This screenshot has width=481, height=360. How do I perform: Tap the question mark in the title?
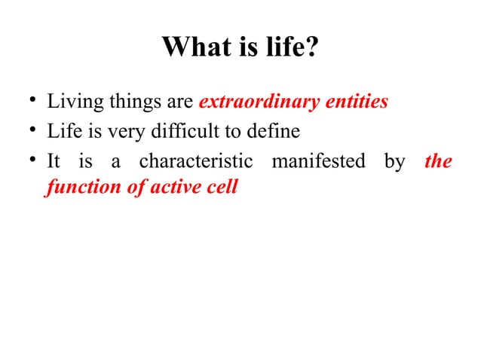(x=313, y=49)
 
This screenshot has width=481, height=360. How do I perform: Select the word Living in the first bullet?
(x=69, y=101)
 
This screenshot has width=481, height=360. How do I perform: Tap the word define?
(x=274, y=132)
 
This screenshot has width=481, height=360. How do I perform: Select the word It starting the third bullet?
(x=54, y=161)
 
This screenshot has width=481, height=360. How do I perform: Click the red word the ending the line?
(x=438, y=161)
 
